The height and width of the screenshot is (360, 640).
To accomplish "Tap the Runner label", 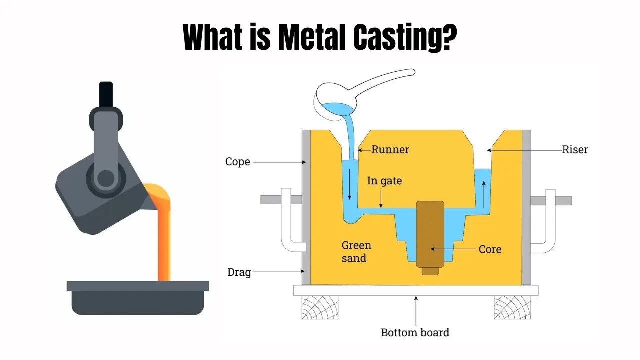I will coord(390,149).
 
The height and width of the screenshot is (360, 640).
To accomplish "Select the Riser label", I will coord(575,149).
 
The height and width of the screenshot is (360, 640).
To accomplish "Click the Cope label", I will coord(237,162).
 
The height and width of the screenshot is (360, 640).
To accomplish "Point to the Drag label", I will coord(239,272).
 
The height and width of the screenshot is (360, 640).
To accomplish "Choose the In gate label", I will coord(384,181).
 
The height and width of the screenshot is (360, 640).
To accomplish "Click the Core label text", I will coord(490,249).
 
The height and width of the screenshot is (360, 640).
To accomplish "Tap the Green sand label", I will coord(356,252).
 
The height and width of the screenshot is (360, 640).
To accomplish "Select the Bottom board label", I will coord(415,333).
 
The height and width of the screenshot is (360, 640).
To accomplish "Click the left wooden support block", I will coord(319,307).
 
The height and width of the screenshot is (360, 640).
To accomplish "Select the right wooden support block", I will coord(512,307).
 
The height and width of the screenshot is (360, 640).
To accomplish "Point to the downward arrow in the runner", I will coord(350,187).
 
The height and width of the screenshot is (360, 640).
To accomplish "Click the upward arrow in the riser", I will coord(484,195).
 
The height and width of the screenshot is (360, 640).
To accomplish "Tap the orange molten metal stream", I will coord(164,235).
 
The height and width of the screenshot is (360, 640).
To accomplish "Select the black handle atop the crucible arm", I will coord(106,94).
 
